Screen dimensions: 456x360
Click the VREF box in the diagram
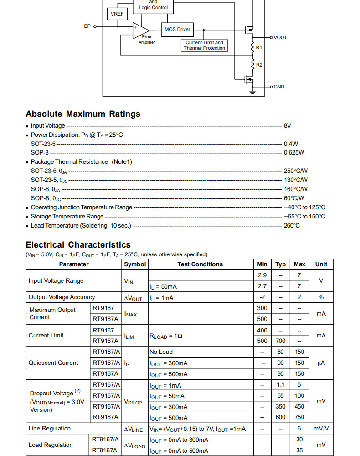point(117,14)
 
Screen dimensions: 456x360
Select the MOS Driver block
point(177,30)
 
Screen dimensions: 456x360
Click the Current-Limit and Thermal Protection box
point(204,45)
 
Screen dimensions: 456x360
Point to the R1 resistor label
point(259,47)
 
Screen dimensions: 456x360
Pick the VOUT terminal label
point(280,37)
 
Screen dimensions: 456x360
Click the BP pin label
point(87,26)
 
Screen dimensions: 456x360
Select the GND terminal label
point(279,87)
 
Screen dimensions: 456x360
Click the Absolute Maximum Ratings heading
point(83,114)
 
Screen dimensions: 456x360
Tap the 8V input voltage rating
point(288,125)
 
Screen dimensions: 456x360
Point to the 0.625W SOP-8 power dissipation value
point(294,153)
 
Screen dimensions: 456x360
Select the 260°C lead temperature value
point(292,226)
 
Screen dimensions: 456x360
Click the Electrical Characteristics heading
point(78,245)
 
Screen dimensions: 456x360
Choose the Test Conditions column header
point(200,264)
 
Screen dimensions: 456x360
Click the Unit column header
point(321,264)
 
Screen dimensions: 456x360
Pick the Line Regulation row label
point(50,429)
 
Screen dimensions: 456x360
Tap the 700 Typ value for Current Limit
point(281,341)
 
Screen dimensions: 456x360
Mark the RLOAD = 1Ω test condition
point(166,336)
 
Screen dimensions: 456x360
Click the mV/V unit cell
point(321,429)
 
